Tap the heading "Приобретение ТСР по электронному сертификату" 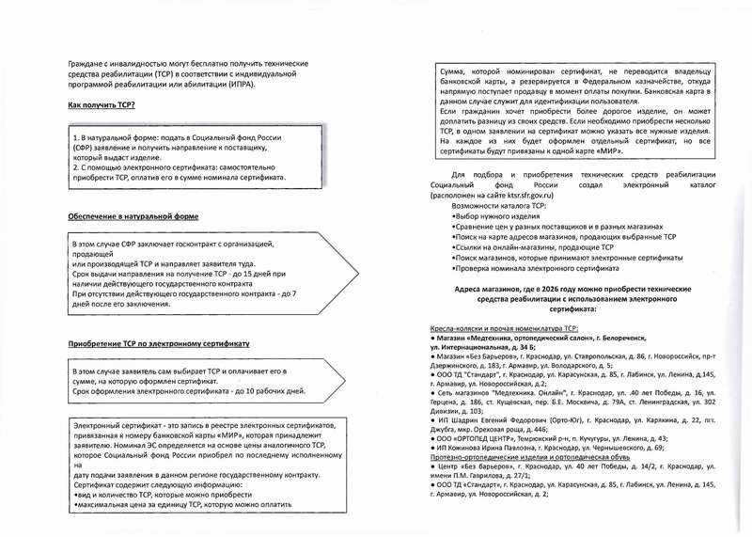[159, 344]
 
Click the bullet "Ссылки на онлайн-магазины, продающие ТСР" [531, 247]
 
